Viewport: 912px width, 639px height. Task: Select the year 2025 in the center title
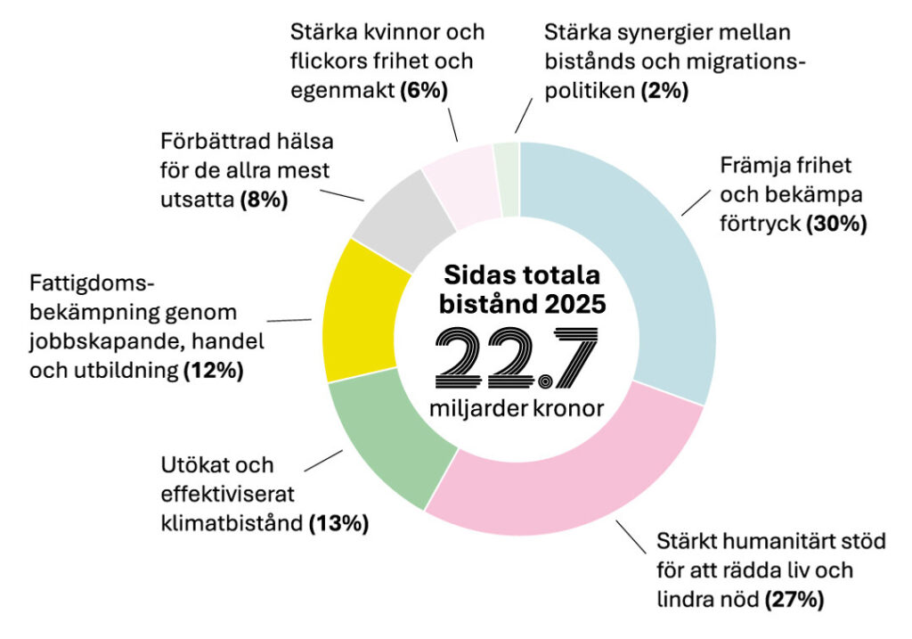point(571,304)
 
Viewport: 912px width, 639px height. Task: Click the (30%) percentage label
point(835,224)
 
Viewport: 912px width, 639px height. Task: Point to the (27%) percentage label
point(794,599)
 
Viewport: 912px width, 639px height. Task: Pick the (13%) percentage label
point(338,524)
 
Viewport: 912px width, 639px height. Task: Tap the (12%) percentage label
point(213,372)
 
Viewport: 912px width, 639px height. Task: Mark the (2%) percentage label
point(664,90)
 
